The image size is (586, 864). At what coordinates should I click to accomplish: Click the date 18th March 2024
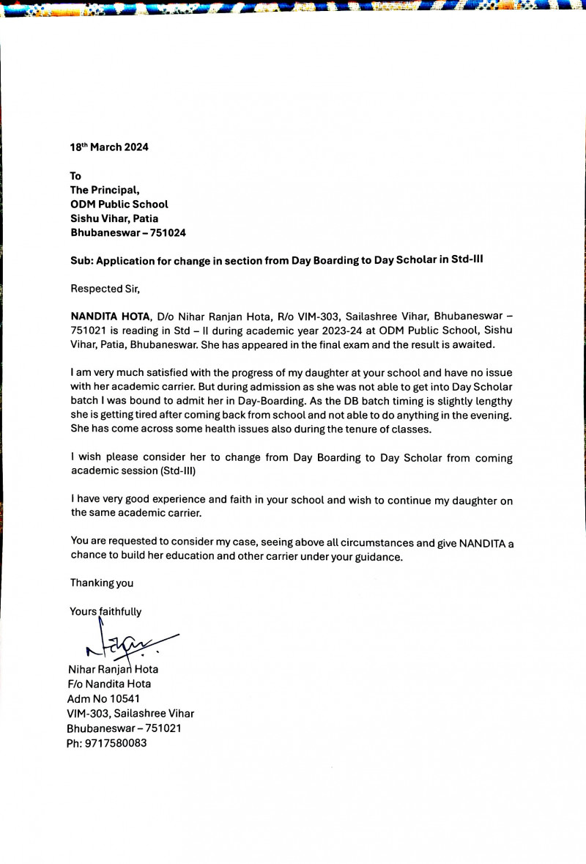[x=109, y=147]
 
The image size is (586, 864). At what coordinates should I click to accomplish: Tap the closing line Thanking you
[x=102, y=583]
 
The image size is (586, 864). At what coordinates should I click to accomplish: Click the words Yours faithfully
[x=106, y=611]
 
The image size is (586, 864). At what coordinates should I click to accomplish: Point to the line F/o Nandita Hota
[x=109, y=684]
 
